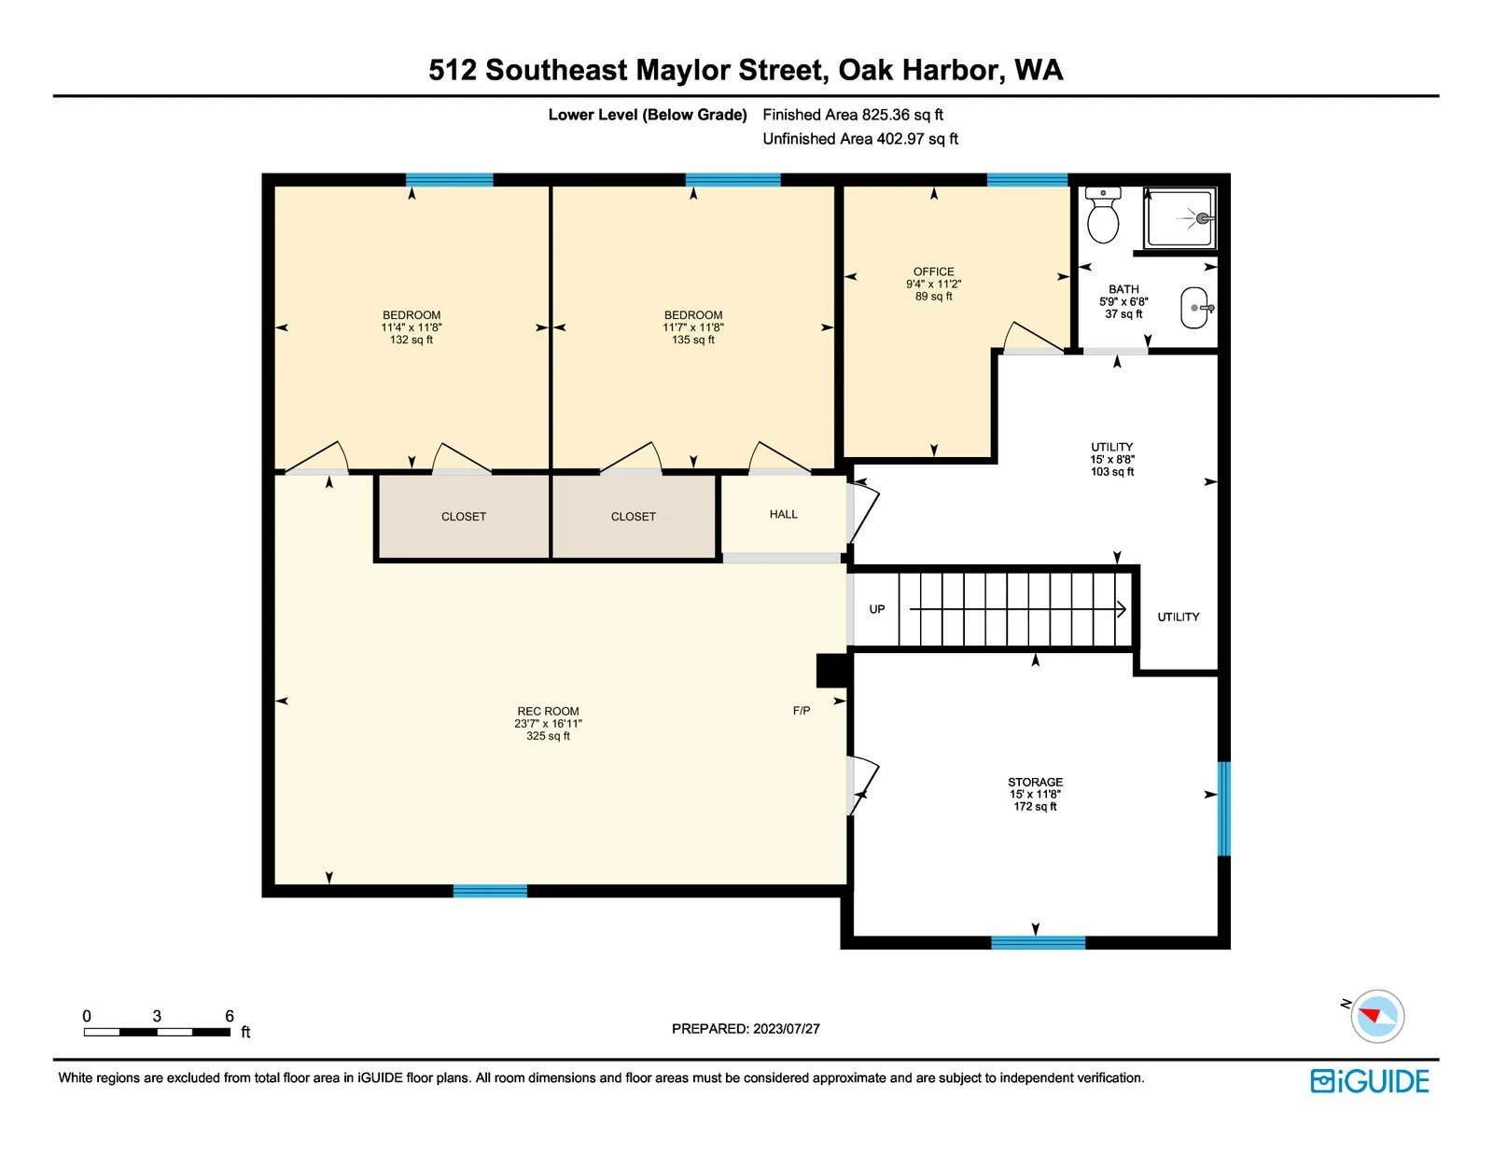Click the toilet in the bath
[x=1103, y=215]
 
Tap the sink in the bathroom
[x=1195, y=308]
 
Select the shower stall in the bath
[x=1179, y=218]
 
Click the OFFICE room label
[x=933, y=272]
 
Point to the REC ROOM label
[x=548, y=712]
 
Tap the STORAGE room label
[x=1035, y=782]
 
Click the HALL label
[x=783, y=514]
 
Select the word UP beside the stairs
[x=877, y=609]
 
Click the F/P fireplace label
[x=802, y=711]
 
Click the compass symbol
[x=1376, y=1017]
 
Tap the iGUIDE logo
[x=1369, y=1081]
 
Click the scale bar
[x=157, y=1032]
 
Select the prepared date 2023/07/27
[x=786, y=1029]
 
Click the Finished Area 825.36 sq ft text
[x=853, y=115]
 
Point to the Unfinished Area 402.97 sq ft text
[x=860, y=139]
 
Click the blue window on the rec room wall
[x=490, y=891]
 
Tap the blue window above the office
[x=1027, y=180]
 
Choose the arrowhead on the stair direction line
[x=1122, y=609]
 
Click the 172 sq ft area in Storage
[x=1035, y=807]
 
